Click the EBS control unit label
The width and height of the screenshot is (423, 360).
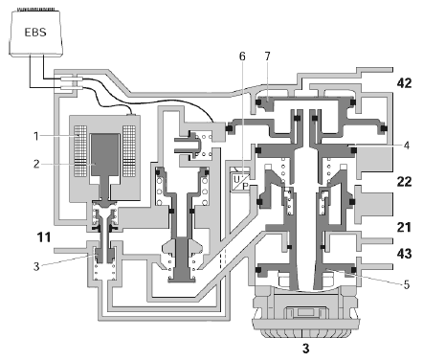35,32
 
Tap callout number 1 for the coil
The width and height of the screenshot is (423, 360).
36,136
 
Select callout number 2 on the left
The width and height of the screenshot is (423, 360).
36,164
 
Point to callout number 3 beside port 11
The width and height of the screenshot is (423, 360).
36,266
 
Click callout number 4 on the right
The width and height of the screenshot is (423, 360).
407,146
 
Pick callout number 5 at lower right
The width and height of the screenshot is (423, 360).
407,284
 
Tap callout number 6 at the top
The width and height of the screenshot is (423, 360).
242,56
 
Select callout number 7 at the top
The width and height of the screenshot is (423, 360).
267,56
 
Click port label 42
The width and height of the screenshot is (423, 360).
404,83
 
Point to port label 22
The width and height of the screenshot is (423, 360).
404,182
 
